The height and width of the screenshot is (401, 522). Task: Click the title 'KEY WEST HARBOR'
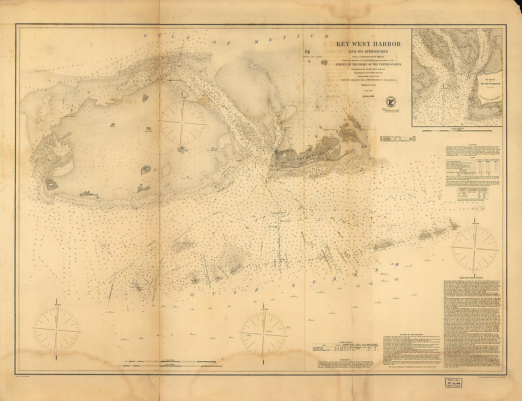[368, 44]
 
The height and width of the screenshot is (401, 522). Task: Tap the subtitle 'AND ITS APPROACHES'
[368, 51]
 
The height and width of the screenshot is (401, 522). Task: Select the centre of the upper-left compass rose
[182, 121]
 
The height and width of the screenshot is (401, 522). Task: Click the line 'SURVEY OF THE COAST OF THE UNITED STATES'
[368, 64]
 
